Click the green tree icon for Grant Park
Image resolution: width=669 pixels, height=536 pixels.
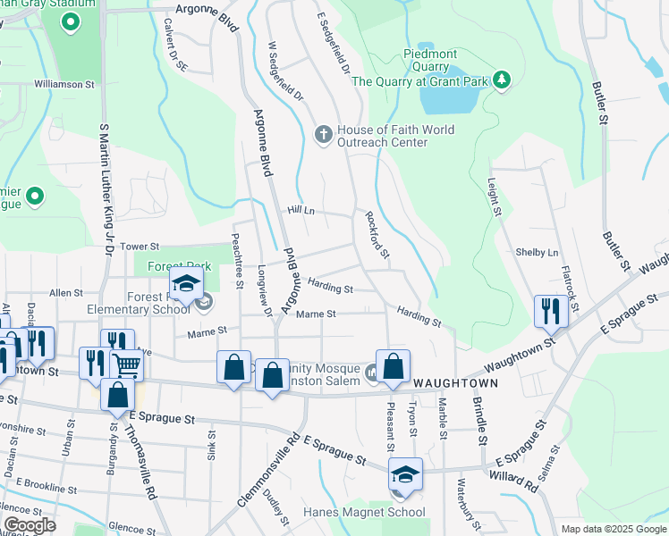[x=502, y=81]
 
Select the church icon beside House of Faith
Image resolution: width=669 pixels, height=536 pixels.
[x=324, y=136]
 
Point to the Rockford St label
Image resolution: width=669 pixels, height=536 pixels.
[x=377, y=235]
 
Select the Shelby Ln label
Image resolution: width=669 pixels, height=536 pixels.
[x=537, y=252]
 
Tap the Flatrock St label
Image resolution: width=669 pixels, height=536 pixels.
[x=572, y=287]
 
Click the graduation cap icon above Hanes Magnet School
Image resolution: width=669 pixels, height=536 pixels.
[x=405, y=473]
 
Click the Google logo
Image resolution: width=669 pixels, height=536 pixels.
[x=29, y=525]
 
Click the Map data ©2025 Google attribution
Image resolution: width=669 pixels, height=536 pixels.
[x=613, y=529]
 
